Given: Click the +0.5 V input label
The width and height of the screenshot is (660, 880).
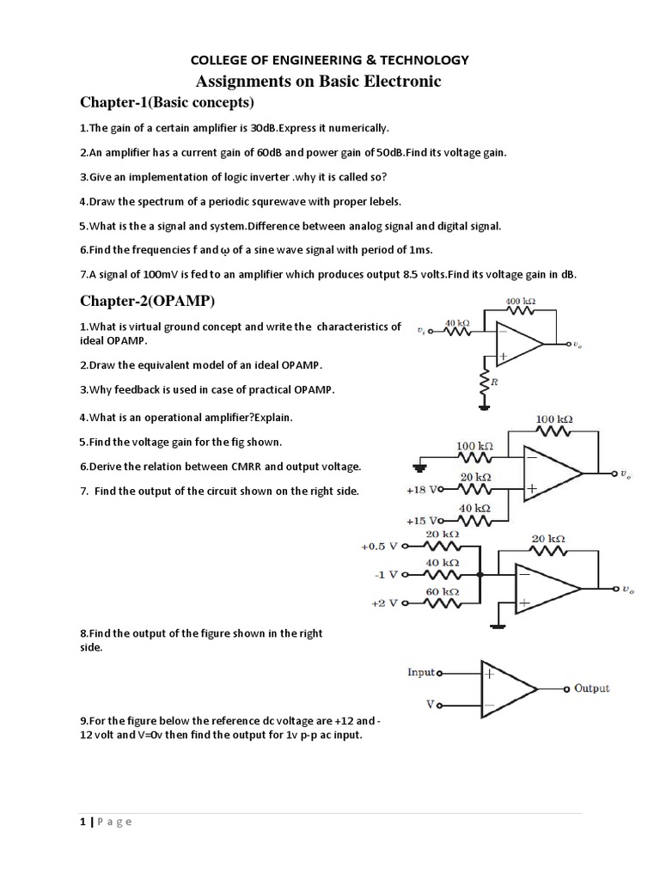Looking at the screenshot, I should tap(380, 545).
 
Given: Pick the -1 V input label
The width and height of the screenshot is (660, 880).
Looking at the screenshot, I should tap(385, 574).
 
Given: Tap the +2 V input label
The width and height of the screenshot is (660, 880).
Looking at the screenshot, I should tap(384, 602).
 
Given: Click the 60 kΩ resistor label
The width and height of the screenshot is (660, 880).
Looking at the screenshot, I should tap(443, 592).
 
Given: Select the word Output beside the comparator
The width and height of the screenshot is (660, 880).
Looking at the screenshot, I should tap(591, 688).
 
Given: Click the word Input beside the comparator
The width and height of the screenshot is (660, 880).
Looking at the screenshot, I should tap(421, 673).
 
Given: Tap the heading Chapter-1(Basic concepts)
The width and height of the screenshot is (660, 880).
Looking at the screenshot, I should tap(167, 103).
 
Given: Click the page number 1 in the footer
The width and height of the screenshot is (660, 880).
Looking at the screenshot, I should tap(82, 822).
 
